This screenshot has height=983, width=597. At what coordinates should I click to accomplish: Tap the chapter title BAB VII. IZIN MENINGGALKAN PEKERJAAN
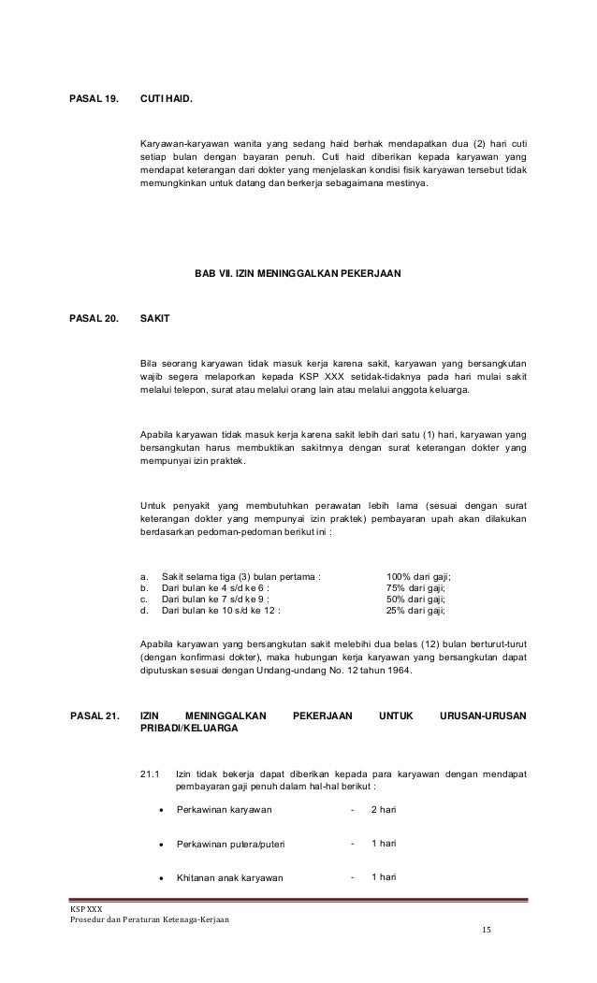point(297,274)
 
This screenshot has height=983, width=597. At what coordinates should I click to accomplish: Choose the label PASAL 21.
point(94,716)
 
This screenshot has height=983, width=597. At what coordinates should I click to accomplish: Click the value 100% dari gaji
point(424,577)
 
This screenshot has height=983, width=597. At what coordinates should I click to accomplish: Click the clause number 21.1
point(149,773)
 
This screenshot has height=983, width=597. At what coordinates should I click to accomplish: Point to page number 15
point(485,931)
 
